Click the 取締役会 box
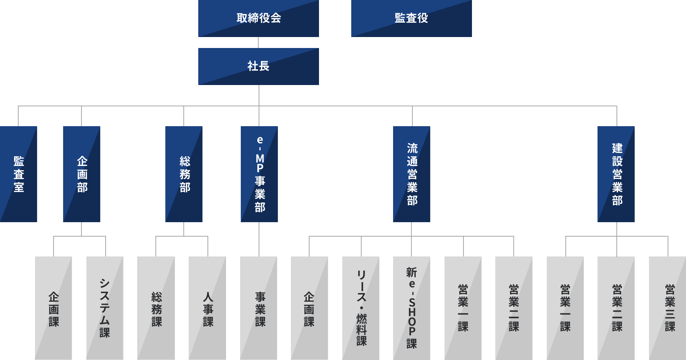pyautogui.click(x=259, y=18)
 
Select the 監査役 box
pyautogui.click(x=411, y=18)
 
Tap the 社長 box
pyautogui.click(x=259, y=66)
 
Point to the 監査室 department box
pyautogui.click(x=19, y=174)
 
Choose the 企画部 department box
pyautogui.click(x=82, y=174)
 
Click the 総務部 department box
pyautogui.click(x=184, y=174)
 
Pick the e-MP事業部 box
pyautogui.click(x=259, y=174)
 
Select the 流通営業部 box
pyautogui.click(x=412, y=174)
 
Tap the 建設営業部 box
pyautogui.click(x=616, y=174)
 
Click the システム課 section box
pyautogui.click(x=105, y=308)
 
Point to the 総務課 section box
pyautogui.click(x=156, y=308)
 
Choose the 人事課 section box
pyautogui.click(x=207, y=308)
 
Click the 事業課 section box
pyautogui.click(x=259, y=308)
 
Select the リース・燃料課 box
pyautogui.click(x=361, y=308)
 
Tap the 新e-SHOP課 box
pyautogui.click(x=412, y=308)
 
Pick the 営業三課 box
pyautogui.click(x=667, y=308)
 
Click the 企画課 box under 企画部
pyautogui.click(x=54, y=308)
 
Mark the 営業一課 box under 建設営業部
pyautogui.click(x=565, y=308)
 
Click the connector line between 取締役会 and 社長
pyautogui.click(x=258, y=43)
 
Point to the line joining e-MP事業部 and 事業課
pyautogui.click(x=259, y=239)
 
